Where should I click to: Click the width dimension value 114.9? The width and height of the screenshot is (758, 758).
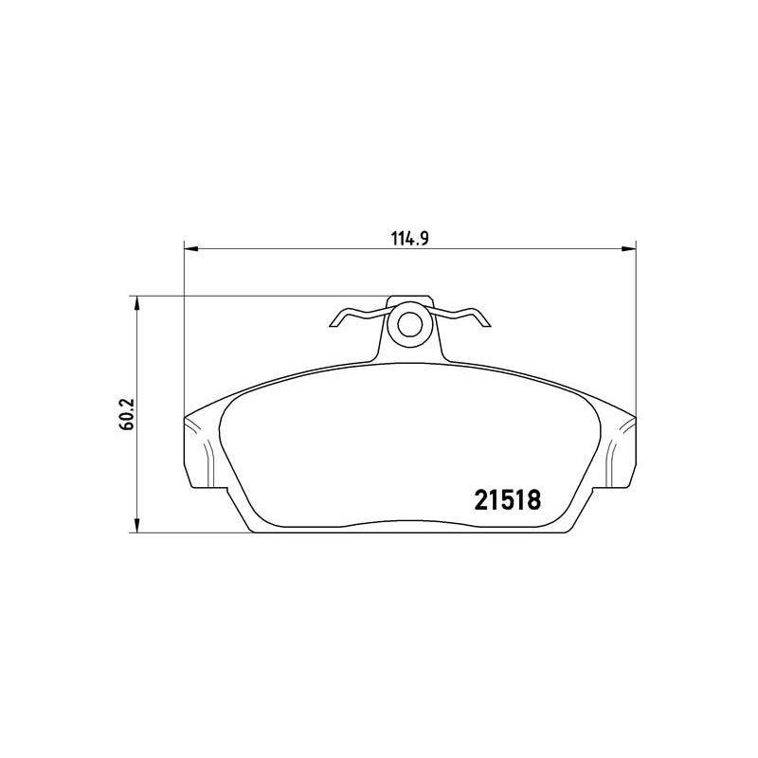pos(410,239)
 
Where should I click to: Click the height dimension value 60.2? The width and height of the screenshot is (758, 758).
pos(128,414)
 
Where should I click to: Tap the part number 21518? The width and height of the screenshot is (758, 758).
pos(508,500)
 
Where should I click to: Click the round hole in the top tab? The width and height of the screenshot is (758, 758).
pos(410,324)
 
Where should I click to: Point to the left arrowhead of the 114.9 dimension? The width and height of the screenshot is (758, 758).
pos(191,249)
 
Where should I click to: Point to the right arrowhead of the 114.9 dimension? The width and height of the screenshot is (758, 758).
pos(629,249)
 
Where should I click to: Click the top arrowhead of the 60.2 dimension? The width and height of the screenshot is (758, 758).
pos(137,303)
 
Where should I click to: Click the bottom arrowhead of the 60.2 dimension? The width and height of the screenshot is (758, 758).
pos(137,526)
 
